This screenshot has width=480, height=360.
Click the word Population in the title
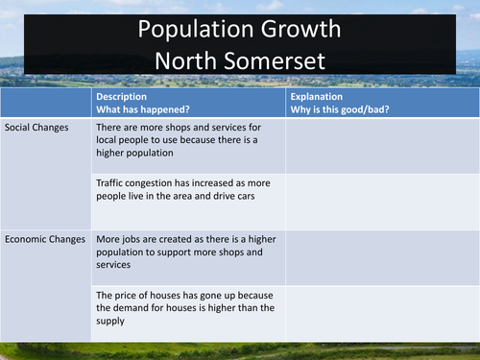pyautogui.click(x=185, y=30)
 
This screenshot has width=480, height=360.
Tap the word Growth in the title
pyautogui.click(x=296, y=30)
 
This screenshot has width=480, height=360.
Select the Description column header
pyautogui.click(x=121, y=97)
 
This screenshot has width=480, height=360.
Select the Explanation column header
pyautogui.click(x=319, y=97)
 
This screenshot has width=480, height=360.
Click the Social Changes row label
pyautogui.click(x=36, y=127)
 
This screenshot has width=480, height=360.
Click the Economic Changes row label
pyautogui.click(x=45, y=239)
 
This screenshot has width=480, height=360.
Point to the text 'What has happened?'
pyautogui.click(x=144, y=110)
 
